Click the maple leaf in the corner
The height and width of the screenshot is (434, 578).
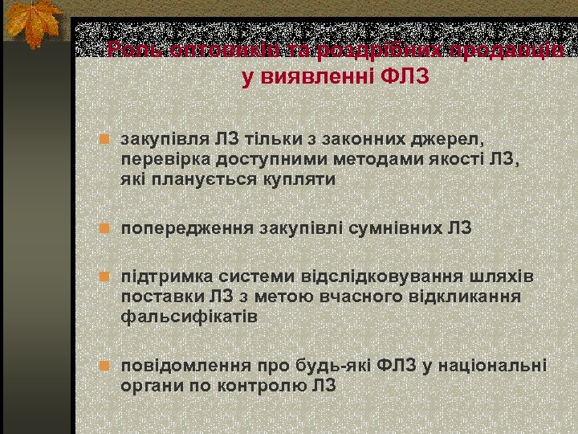pos(32,24)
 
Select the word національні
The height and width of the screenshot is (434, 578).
pos(494,366)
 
